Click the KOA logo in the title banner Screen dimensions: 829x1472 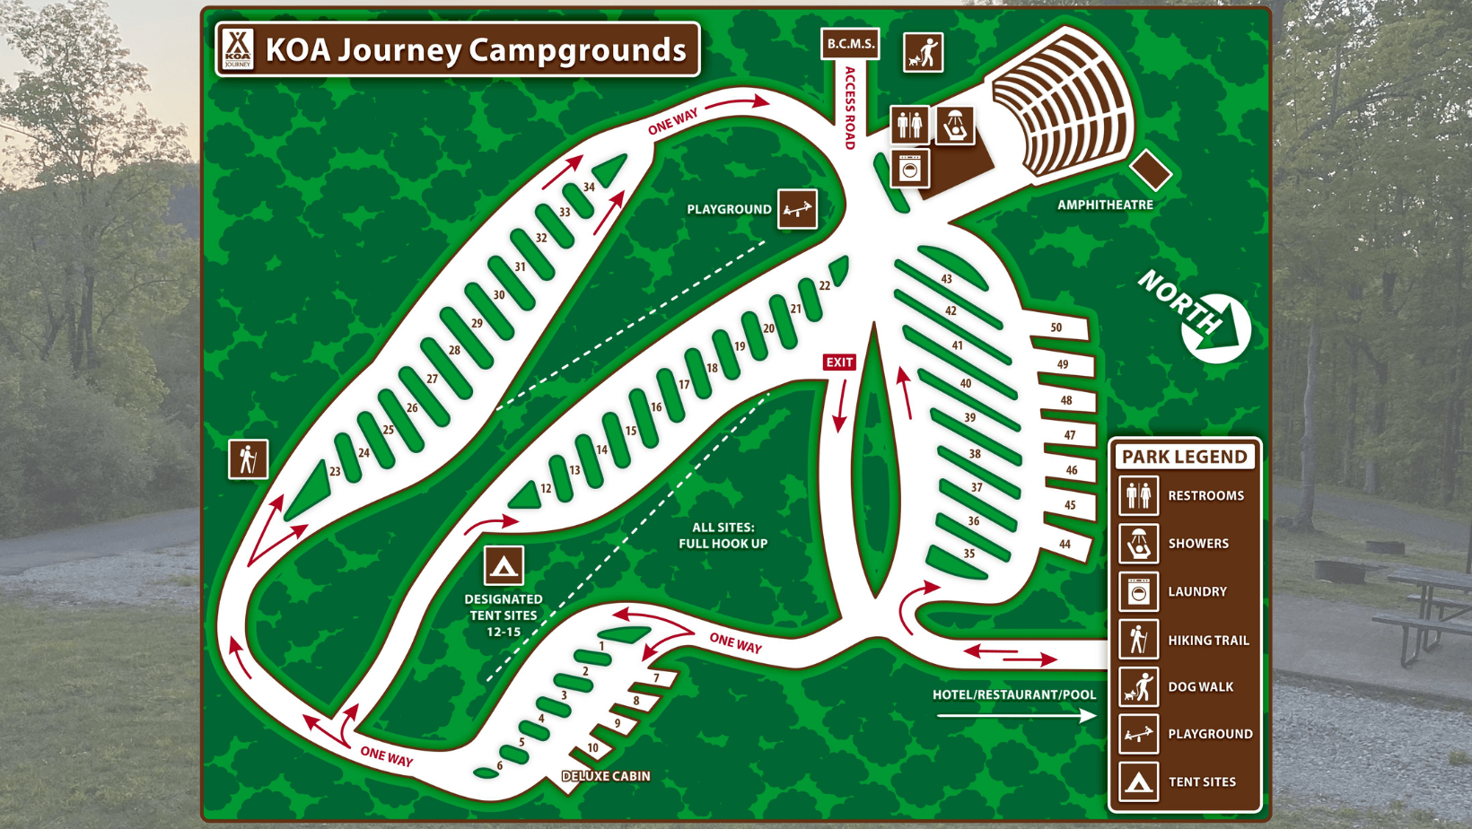pyautogui.click(x=238, y=48)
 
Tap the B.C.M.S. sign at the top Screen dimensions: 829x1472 pyautogui.click(x=850, y=43)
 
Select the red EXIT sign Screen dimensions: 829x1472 pyautogui.click(x=839, y=362)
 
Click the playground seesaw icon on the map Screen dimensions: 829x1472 pyautogui.click(x=797, y=209)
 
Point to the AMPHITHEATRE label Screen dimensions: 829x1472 pyautogui.click(x=1105, y=205)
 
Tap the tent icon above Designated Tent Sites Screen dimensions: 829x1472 pyautogui.click(x=504, y=566)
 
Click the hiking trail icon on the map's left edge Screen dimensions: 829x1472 pyautogui.click(x=248, y=459)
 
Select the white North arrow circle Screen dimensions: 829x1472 pyautogui.click(x=1217, y=327)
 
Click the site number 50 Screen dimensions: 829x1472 pyautogui.click(x=1056, y=327)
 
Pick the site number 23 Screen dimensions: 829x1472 pyautogui.click(x=335, y=471)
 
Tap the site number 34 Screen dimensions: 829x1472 pyautogui.click(x=589, y=188)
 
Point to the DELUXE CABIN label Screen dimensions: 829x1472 pyautogui.click(x=606, y=776)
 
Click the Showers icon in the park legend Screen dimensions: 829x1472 pyautogui.click(x=1138, y=544)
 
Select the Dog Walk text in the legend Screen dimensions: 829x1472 pyautogui.click(x=1201, y=687)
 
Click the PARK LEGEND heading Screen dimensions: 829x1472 pyautogui.click(x=1185, y=457)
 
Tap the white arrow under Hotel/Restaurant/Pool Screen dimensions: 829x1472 pyautogui.click(x=1015, y=716)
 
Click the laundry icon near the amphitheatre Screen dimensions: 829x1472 pyautogui.click(x=910, y=169)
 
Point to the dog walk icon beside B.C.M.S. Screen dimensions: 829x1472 pyautogui.click(x=923, y=52)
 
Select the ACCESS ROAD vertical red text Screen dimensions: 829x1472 pyautogui.click(x=849, y=109)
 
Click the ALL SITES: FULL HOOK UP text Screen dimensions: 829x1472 pyautogui.click(x=723, y=536)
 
